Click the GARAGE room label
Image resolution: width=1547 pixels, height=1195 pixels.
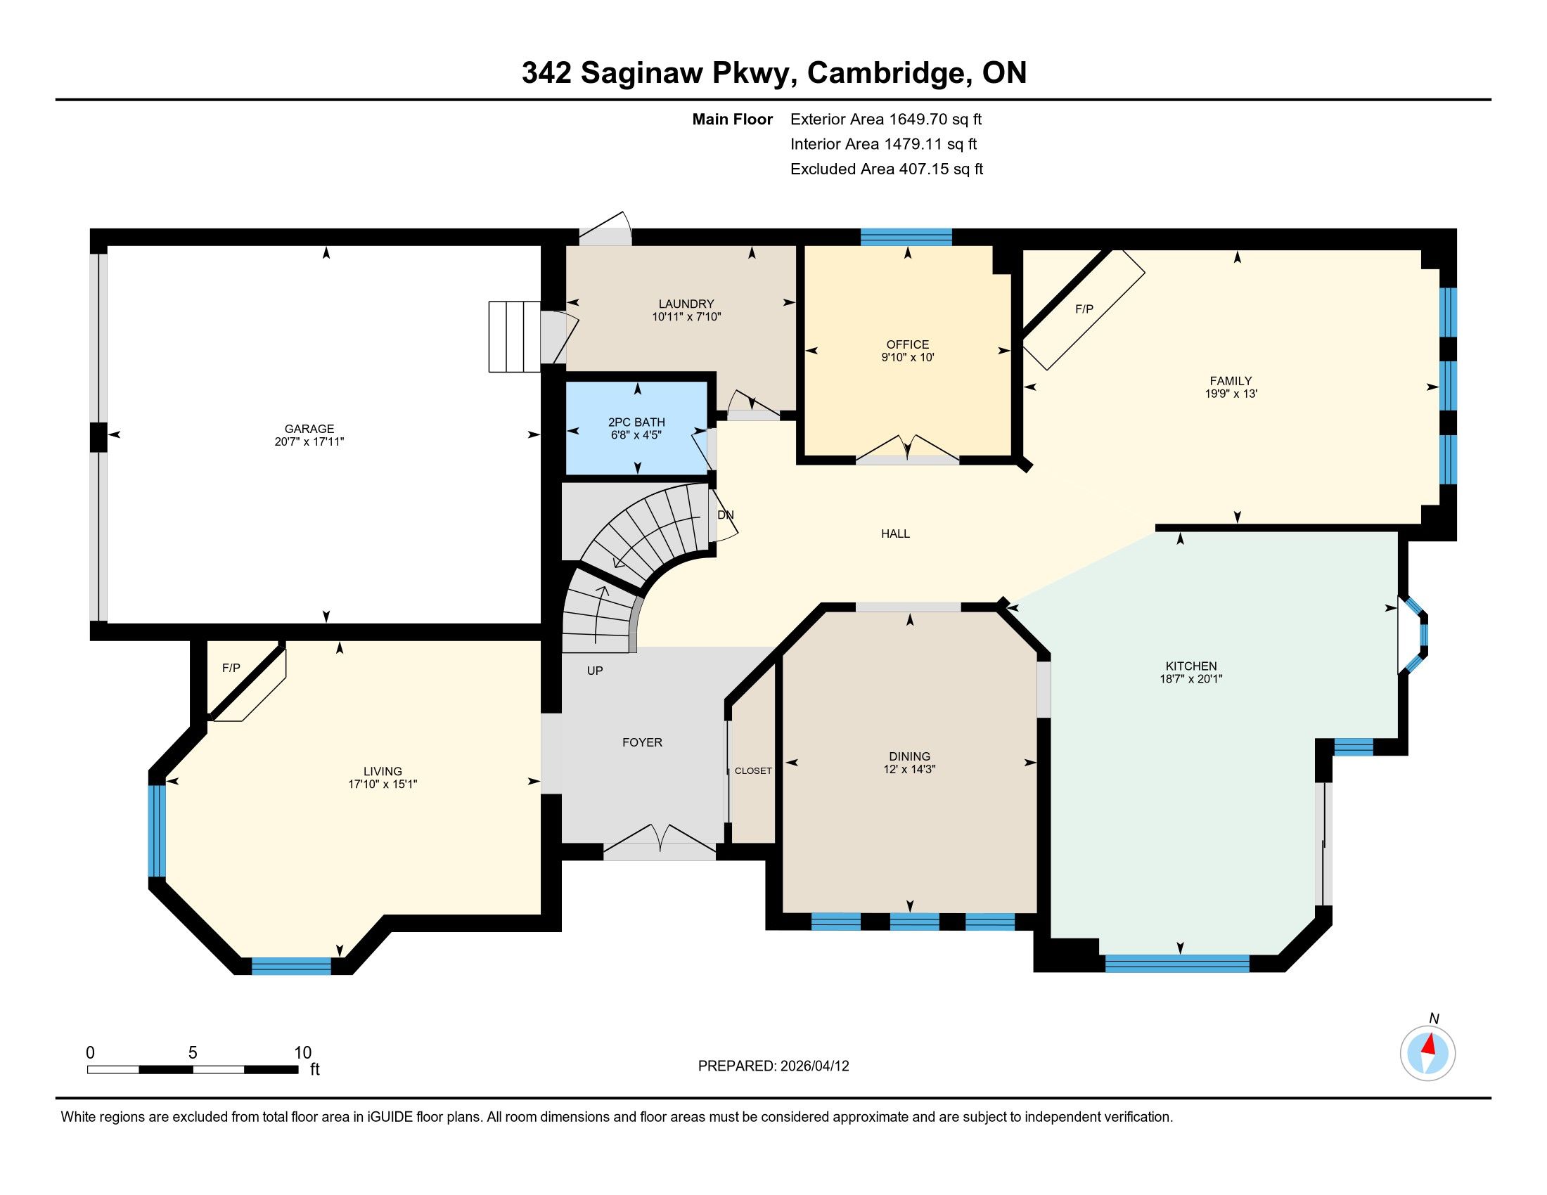tap(309, 428)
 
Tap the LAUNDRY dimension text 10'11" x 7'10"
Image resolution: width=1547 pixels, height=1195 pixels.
tap(686, 317)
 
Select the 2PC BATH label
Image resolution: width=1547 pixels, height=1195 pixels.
tap(637, 422)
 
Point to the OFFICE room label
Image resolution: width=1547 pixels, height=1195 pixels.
tap(907, 344)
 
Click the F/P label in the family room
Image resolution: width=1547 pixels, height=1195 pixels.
tap(1084, 309)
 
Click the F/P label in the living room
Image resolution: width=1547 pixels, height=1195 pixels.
tap(231, 668)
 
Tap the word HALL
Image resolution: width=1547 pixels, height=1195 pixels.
tap(895, 534)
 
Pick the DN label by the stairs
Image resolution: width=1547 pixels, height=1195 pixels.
tap(726, 515)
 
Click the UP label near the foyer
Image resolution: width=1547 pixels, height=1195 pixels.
tap(595, 671)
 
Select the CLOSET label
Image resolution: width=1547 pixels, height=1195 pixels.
tap(753, 771)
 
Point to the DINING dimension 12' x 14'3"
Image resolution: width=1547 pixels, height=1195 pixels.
tap(909, 769)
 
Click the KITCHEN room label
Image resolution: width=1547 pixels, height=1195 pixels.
tap(1191, 666)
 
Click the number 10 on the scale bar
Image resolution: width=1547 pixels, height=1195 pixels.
tap(302, 1053)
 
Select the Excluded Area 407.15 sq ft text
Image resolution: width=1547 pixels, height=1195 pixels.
tap(887, 169)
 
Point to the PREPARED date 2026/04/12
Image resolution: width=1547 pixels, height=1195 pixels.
tap(813, 1066)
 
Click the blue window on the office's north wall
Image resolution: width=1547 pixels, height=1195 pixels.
tap(906, 237)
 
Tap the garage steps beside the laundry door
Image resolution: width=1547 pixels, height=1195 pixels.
tap(515, 336)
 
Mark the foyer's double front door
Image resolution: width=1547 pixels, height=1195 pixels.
tap(660, 842)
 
